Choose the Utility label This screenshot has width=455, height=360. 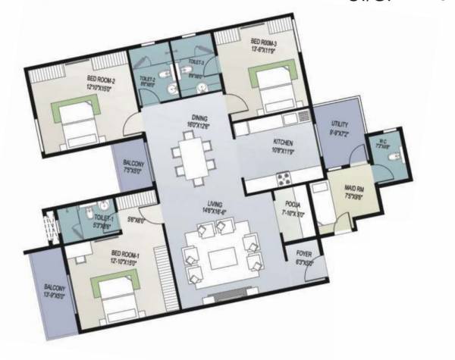[x=339, y=126]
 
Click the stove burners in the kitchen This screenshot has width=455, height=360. [x=284, y=180]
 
